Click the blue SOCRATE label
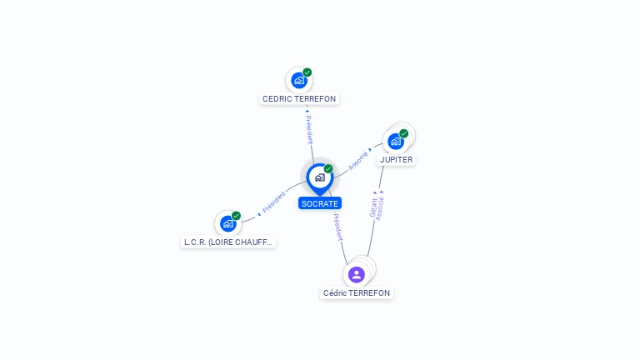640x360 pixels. (x=320, y=203)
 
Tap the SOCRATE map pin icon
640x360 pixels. (x=320, y=179)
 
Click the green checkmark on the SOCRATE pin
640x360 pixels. (x=328, y=168)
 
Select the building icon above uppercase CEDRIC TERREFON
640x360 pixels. (x=299, y=80)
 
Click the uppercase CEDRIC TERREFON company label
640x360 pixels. (x=299, y=99)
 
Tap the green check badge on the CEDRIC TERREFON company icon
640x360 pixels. (x=307, y=72)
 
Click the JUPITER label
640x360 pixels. (x=396, y=160)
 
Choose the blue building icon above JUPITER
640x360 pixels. (x=396, y=142)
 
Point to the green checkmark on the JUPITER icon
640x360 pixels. (x=403, y=133)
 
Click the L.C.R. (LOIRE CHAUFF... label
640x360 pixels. (x=228, y=242)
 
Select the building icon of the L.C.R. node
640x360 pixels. (x=228, y=223)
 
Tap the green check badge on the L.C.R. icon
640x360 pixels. (x=236, y=216)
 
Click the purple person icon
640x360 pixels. (x=357, y=275)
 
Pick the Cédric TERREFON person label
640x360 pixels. (x=357, y=293)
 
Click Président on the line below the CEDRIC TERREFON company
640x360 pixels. (x=309, y=130)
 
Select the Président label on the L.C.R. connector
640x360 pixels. (x=273, y=202)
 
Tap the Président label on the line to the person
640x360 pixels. (x=338, y=227)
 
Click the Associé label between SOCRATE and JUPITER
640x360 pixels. (x=358, y=161)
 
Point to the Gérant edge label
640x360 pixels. (x=373, y=207)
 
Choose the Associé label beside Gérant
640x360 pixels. (x=380, y=208)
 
